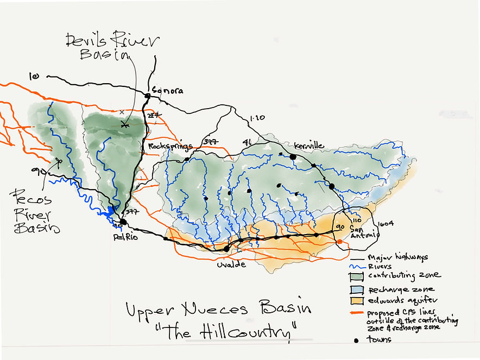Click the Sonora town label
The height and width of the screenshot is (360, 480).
[x=167, y=91]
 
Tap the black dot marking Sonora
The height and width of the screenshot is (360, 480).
[x=147, y=96]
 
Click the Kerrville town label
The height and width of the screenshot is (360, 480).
[x=308, y=146]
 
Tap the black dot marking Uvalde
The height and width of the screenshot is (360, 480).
[x=226, y=249]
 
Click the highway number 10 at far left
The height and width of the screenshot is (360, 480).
[x=34, y=77]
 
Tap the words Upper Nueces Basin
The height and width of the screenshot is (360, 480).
[x=218, y=310]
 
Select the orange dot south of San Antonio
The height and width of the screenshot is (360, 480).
[x=339, y=242]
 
